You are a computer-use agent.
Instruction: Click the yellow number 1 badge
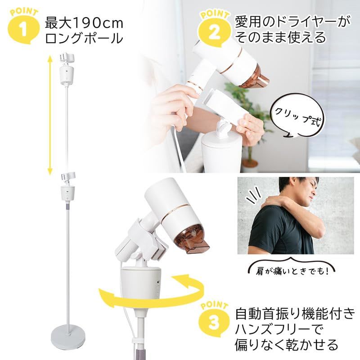coord(23,27)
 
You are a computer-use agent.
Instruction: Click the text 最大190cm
coord(84,23)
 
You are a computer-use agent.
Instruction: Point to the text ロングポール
coord(84,38)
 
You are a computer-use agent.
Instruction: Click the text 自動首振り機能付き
coord(295,315)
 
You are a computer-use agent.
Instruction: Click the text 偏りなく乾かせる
coord(287,345)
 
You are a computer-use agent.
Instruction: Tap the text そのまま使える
coord(280,37)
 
